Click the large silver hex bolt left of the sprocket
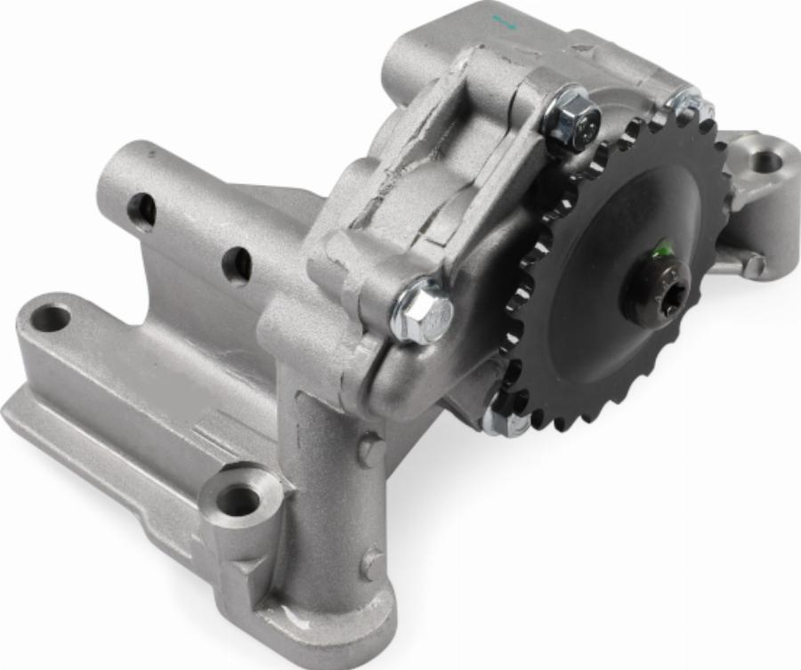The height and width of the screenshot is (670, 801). (422, 311)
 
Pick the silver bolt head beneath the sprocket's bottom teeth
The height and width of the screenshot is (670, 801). (504, 422)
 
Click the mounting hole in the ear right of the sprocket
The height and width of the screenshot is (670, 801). (765, 162)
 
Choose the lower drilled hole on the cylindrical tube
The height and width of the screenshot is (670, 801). (236, 264)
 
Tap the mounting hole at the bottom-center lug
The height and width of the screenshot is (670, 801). (239, 500)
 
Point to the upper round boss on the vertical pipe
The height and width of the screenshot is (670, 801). (371, 450)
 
